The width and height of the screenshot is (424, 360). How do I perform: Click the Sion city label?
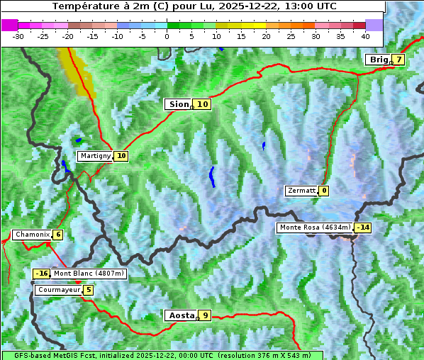click(178, 104)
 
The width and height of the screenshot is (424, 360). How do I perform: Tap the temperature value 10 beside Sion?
click(203, 104)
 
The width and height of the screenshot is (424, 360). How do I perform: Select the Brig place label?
click(379, 60)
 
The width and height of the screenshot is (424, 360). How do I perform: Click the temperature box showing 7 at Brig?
click(399, 60)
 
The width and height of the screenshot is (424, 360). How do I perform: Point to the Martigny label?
click(95, 156)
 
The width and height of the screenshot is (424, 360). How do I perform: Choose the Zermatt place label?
click(301, 191)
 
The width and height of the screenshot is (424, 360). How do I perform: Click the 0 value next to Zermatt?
click(324, 191)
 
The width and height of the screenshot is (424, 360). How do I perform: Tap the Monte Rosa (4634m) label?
click(316, 227)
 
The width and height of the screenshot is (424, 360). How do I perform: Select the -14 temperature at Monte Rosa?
click(363, 227)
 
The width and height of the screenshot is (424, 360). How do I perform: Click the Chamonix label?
click(31, 235)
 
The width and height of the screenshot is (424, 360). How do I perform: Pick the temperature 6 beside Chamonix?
click(57, 235)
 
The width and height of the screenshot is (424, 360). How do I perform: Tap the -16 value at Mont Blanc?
click(41, 274)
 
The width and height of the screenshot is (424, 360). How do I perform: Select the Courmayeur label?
click(58, 290)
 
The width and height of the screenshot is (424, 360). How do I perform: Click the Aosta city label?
click(181, 315)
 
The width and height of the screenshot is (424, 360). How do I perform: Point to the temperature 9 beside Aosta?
click(205, 315)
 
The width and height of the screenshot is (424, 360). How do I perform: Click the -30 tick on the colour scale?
click(18, 36)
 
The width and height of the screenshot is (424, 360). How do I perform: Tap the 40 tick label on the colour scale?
click(365, 36)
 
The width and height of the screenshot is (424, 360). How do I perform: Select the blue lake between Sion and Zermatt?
click(212, 176)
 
